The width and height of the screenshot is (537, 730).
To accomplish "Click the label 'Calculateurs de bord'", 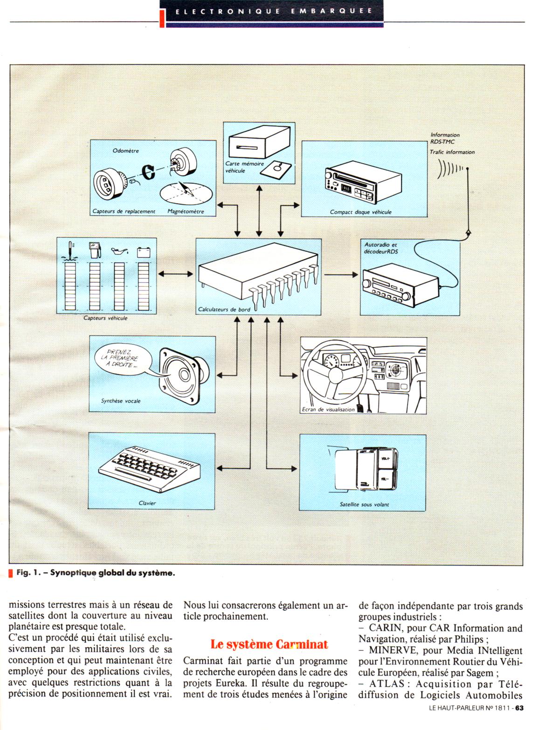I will (x=224, y=309).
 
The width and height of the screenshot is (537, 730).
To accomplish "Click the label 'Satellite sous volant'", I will (x=364, y=504).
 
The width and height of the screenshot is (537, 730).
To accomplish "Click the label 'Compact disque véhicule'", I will (x=360, y=212).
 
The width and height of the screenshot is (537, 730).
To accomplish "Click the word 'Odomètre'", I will (x=126, y=151).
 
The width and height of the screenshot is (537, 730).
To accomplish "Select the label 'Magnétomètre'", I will (x=186, y=211).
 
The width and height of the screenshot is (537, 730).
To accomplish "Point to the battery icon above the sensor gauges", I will (x=143, y=252).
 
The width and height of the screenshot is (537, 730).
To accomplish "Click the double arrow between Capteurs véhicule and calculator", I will (x=176, y=274).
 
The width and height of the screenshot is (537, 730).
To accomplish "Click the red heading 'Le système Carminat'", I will (x=269, y=644).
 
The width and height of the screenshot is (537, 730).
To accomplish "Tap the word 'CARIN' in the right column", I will (x=383, y=629).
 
